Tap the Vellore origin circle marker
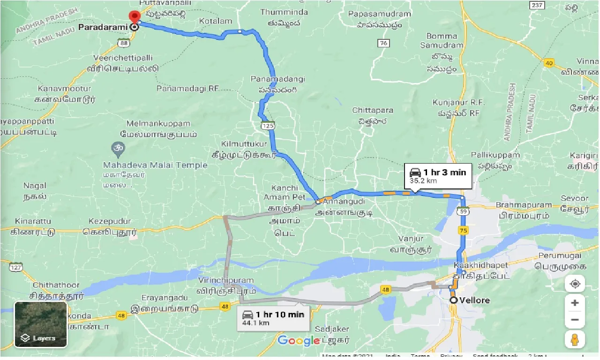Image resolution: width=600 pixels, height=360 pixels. [x=453, y=300]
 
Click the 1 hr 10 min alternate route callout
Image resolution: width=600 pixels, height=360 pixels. [x=273, y=318]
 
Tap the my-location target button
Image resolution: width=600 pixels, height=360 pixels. [x=575, y=284]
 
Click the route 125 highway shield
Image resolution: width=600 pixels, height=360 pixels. [x=269, y=126]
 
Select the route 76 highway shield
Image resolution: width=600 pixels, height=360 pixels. [x=383, y=43]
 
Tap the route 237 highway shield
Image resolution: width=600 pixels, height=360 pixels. [x=537, y=5]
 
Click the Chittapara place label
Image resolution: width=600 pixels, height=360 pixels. [x=373, y=110]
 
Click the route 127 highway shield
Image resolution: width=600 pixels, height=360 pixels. [x=16, y=267]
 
